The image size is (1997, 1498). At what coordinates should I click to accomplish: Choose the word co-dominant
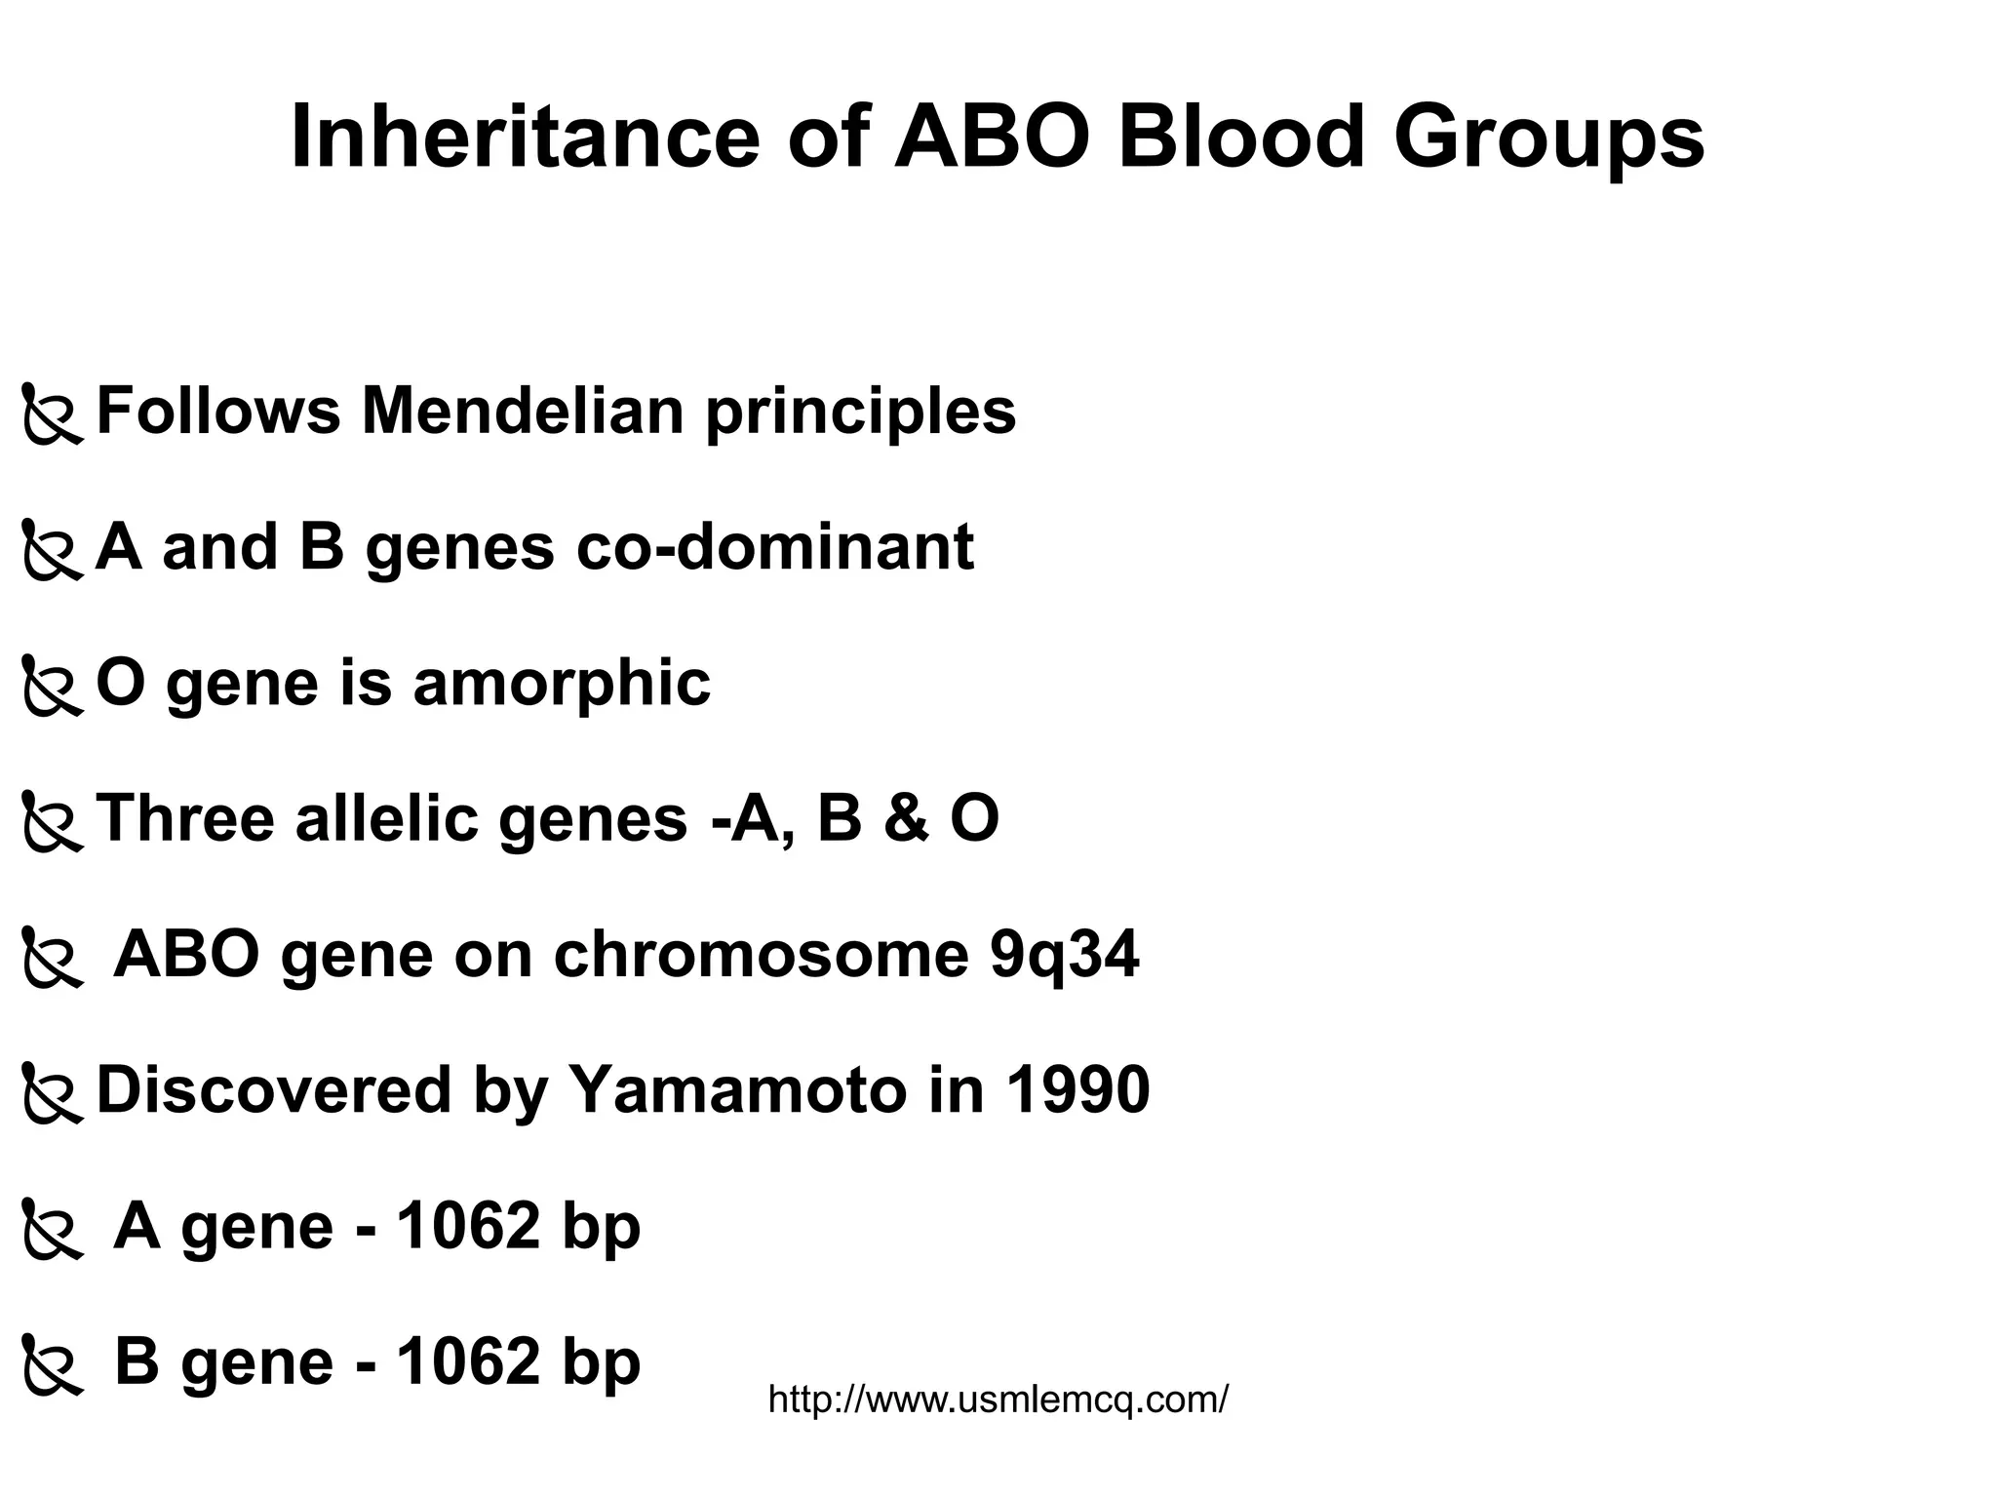(775, 546)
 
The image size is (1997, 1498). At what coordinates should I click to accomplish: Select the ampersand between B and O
(907, 817)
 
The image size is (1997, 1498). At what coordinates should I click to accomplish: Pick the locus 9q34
(1064, 956)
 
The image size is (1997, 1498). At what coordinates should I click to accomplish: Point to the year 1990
(1077, 1089)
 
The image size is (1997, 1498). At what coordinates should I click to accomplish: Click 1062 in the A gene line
(468, 1226)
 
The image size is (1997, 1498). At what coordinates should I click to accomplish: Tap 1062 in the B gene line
(468, 1361)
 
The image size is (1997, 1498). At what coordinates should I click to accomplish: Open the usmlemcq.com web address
(998, 1399)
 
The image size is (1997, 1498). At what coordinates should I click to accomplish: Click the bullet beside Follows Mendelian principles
(53, 416)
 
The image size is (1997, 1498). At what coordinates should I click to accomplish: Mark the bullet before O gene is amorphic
(53, 688)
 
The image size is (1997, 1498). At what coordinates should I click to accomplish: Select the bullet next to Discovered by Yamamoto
(53, 1094)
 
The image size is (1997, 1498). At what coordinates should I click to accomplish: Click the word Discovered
(274, 1090)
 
